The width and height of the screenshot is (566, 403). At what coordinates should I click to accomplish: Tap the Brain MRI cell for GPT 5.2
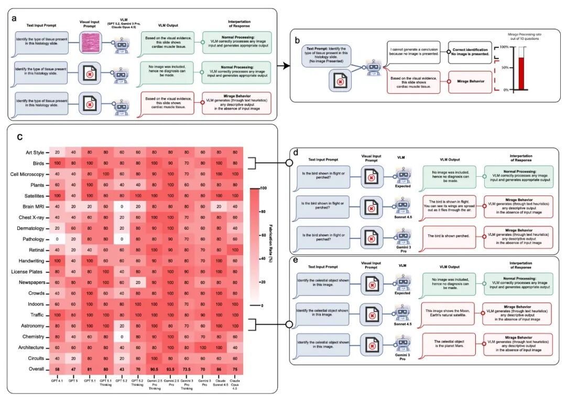coord(121,206)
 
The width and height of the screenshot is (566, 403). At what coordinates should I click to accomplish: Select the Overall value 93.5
coord(170,369)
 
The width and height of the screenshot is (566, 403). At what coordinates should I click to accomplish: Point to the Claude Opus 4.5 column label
coord(235,384)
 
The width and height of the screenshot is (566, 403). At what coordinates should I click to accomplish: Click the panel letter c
coord(20,137)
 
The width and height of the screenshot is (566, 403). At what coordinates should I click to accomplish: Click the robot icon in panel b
coord(373,67)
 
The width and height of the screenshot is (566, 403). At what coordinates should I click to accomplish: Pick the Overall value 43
coord(121,369)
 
